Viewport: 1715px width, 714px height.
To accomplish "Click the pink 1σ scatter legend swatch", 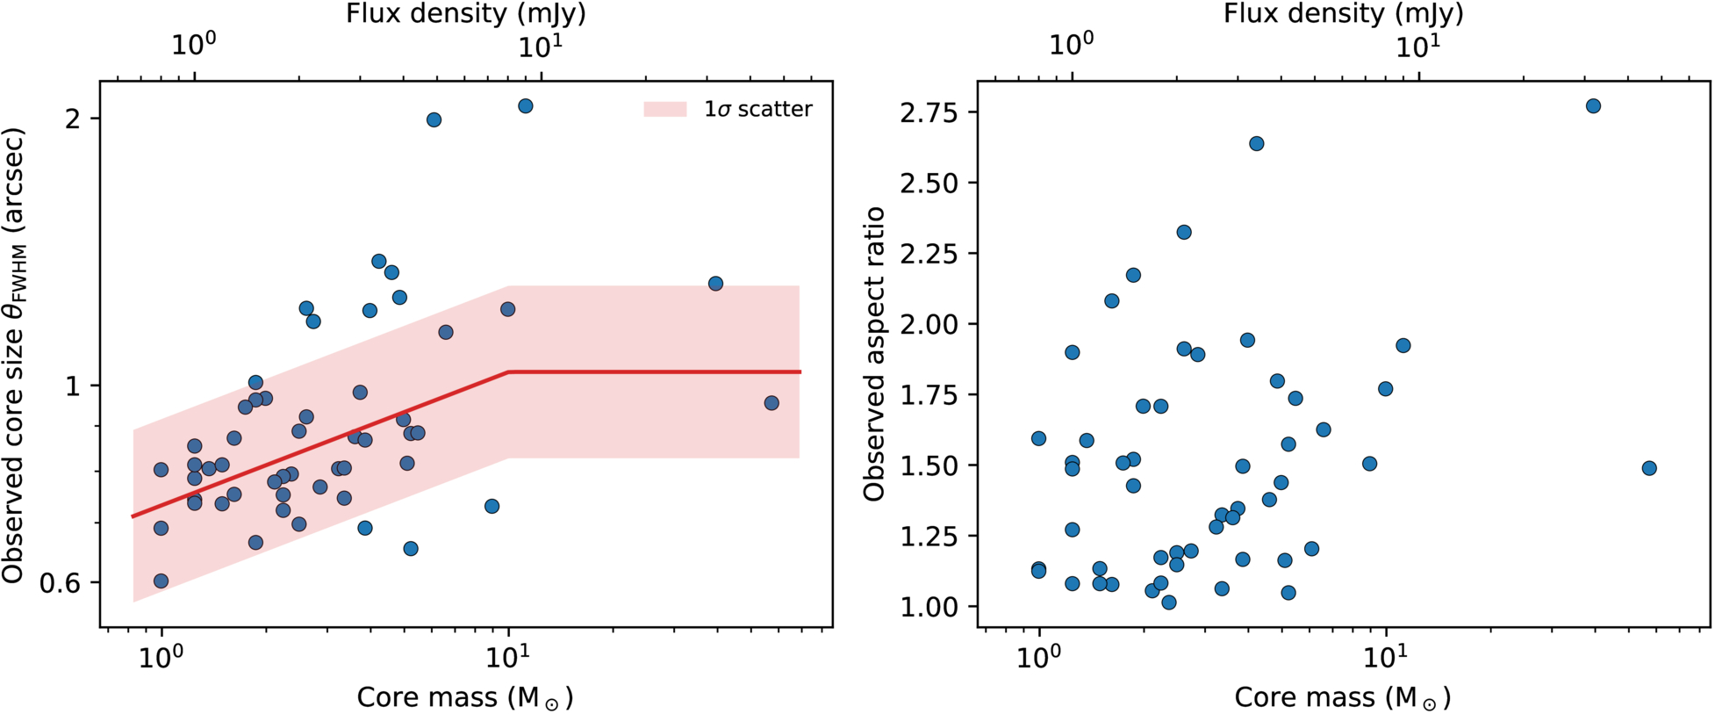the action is [664, 109].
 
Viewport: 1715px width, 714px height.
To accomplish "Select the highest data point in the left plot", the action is [526, 106].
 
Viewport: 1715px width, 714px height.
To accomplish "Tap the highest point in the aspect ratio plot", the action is [1593, 106].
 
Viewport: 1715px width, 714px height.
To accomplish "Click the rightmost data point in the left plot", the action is [771, 403].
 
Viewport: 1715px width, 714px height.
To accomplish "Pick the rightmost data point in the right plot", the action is [1649, 468].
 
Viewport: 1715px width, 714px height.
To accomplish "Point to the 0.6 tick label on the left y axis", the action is [60, 582].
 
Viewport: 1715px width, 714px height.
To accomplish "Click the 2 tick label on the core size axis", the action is [72, 118].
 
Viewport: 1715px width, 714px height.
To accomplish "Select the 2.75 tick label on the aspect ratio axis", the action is [929, 112].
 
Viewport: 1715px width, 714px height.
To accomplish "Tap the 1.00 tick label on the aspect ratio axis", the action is [929, 606].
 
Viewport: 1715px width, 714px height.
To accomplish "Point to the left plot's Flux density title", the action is [466, 14].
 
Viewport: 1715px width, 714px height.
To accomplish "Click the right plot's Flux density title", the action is [1344, 14].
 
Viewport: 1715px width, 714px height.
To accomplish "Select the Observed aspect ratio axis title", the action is [874, 354].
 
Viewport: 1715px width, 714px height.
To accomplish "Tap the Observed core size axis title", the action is [14, 356].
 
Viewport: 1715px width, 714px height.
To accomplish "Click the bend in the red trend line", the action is [509, 372].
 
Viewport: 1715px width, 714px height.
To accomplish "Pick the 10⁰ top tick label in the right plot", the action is [1072, 44].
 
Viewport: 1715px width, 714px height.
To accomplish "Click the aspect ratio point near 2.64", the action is [1256, 143].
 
